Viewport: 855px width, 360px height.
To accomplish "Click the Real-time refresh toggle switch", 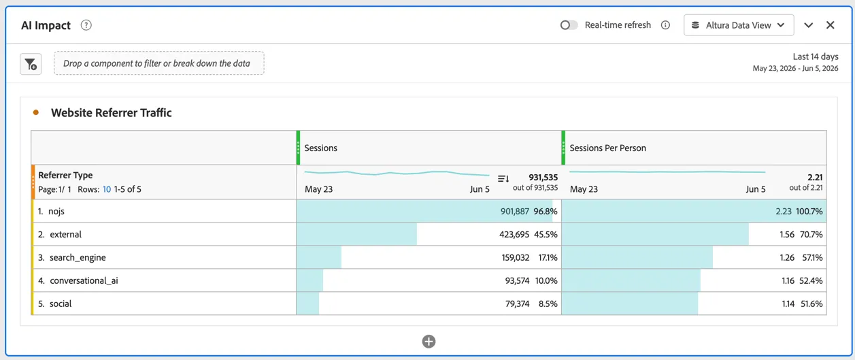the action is (x=569, y=25).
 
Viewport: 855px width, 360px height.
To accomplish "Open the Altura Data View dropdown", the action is (x=739, y=25).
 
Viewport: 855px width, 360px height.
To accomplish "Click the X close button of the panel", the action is (x=831, y=25).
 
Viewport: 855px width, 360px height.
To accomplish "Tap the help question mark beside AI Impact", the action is (x=86, y=25).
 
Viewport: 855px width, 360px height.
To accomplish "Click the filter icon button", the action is (x=31, y=64).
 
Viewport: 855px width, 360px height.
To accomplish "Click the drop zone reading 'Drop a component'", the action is (x=158, y=63).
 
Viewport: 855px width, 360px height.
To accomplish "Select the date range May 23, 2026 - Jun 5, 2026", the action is (x=795, y=68).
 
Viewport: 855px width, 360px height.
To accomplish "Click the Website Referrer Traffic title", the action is (x=111, y=112).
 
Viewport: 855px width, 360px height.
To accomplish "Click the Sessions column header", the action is (x=320, y=148).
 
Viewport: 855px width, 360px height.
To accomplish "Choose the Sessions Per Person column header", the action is (x=607, y=148).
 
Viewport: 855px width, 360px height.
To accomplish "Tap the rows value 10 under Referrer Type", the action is (x=107, y=189).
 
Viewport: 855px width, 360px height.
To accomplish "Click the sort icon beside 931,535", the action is (x=503, y=178).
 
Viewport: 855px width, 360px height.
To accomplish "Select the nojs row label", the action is (x=56, y=211).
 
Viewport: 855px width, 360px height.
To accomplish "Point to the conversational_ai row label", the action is (x=84, y=280).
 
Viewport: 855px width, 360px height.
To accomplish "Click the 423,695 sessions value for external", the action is (x=514, y=234).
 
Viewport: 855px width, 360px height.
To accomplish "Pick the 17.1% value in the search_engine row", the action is (x=548, y=258).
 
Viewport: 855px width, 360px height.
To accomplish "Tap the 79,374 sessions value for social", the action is (x=517, y=304).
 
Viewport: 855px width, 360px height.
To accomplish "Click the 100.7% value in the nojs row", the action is (x=809, y=211).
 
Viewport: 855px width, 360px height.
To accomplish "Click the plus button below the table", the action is (x=429, y=342).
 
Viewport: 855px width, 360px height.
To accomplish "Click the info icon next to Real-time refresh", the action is (x=665, y=25).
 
